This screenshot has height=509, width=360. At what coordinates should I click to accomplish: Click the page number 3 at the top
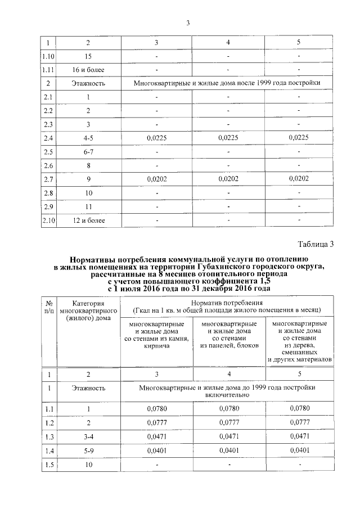click(188, 23)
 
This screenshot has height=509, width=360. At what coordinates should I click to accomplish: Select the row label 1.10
click(48, 57)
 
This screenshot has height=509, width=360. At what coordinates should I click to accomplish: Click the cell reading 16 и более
click(88, 70)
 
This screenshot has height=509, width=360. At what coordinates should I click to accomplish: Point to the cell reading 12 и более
click(88, 220)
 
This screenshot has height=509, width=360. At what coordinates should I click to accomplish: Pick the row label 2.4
click(48, 138)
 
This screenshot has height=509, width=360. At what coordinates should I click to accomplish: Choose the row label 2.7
click(48, 179)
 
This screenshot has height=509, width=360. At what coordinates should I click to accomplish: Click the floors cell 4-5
click(88, 138)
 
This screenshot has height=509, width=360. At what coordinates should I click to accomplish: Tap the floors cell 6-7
click(88, 152)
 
